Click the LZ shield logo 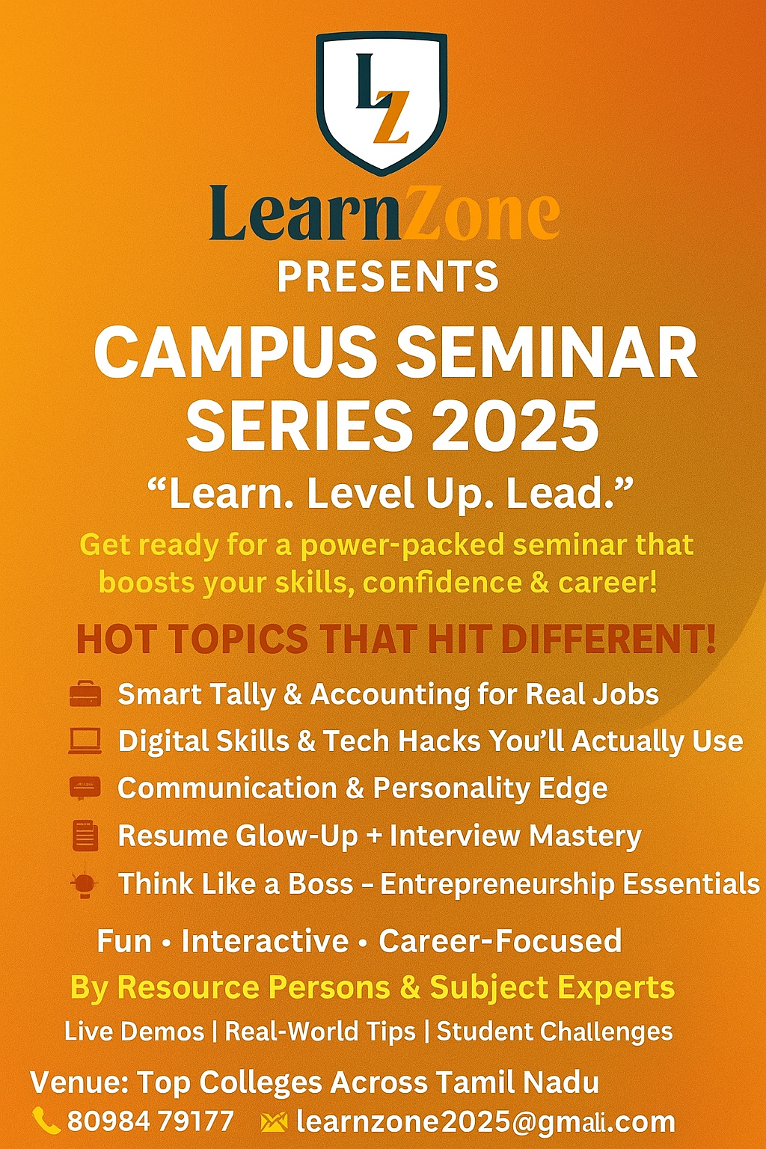pyautogui.click(x=382, y=103)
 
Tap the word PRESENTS pyautogui.click(x=388, y=277)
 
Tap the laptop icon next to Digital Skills pyautogui.click(x=85, y=741)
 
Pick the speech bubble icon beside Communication pyautogui.click(x=85, y=788)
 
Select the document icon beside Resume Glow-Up pyautogui.click(x=85, y=836)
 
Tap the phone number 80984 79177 pyautogui.click(x=151, y=1121)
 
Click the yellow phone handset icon pyautogui.click(x=46, y=1121)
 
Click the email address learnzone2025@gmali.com pyautogui.click(x=485, y=1122)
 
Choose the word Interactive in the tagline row pyautogui.click(x=266, y=941)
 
